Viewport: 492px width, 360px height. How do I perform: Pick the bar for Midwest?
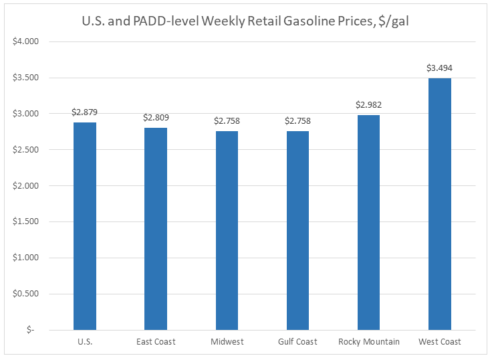[227, 231]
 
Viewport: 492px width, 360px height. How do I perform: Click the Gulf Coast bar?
[297, 231]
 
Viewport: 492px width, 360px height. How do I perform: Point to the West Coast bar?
[439, 204]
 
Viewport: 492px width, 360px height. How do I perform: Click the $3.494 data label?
[439, 68]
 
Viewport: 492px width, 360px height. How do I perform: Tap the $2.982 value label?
[368, 105]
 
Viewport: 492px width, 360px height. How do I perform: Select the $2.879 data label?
[85, 112]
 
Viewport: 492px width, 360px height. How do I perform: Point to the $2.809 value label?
[156, 118]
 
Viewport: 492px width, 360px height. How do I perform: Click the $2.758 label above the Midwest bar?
[227, 121]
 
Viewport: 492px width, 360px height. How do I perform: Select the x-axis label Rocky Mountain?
[368, 342]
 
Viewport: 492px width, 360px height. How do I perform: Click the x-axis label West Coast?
[439, 342]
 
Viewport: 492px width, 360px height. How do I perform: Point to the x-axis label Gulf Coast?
[297, 342]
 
